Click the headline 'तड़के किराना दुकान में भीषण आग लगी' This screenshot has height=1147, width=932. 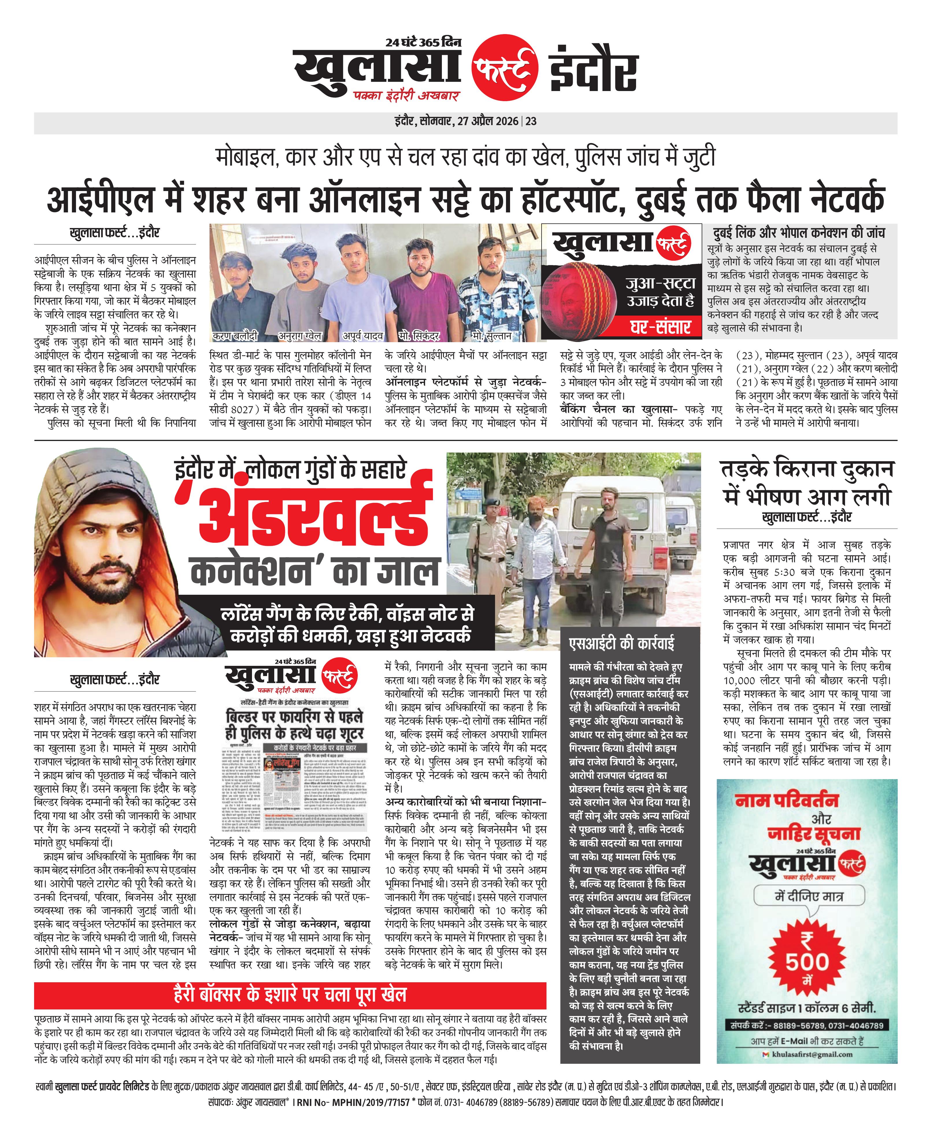tap(807, 483)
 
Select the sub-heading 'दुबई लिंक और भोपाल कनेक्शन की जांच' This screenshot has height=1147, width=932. tap(799, 233)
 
